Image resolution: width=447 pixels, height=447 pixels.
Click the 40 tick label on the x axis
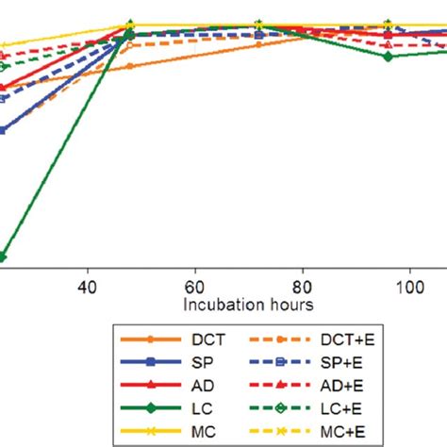click(87, 286)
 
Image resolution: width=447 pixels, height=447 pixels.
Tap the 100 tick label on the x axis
click(409, 286)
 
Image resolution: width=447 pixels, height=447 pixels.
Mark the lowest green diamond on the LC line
click(3, 256)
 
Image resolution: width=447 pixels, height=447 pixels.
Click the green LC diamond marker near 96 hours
click(388, 57)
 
